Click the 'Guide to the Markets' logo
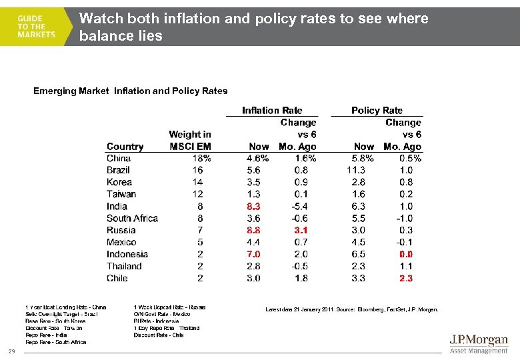click(x=37, y=27)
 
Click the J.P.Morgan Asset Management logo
click(x=478, y=344)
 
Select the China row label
click(x=119, y=159)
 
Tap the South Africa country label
click(x=132, y=219)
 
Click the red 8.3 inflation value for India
click(x=253, y=207)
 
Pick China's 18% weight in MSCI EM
click(x=201, y=159)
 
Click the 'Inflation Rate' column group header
click(x=272, y=111)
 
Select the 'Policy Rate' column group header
click(x=377, y=111)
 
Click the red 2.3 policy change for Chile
click(x=405, y=279)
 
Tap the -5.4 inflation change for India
click(x=300, y=207)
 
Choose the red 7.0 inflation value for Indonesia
click(x=253, y=255)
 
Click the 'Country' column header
click(x=125, y=147)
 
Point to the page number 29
click(x=11, y=351)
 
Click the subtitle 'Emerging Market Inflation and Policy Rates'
click(x=130, y=91)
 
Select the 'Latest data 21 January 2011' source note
click(x=351, y=309)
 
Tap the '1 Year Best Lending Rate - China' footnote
click(x=65, y=307)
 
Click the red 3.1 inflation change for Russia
click(x=301, y=231)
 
